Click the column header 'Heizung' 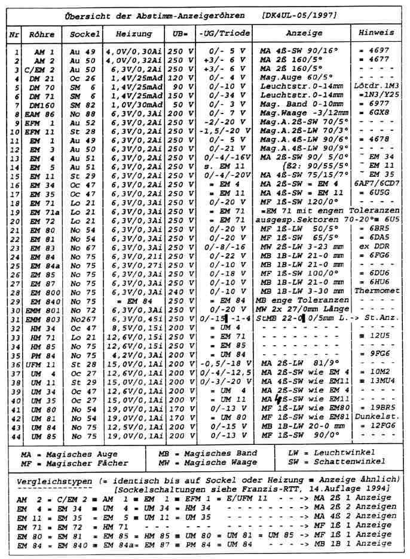coord(133,34)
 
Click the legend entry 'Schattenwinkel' coord(348,463)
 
